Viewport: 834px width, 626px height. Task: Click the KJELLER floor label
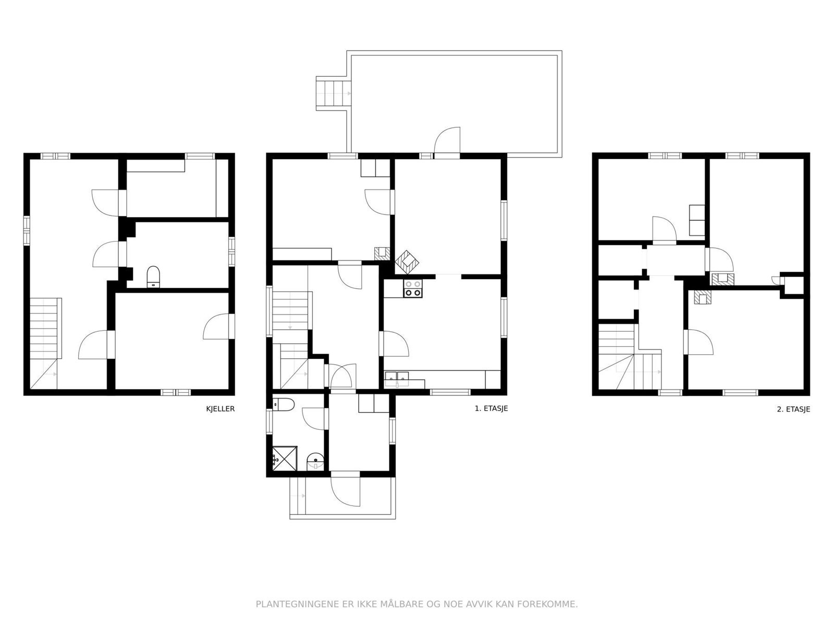pyautogui.click(x=220, y=409)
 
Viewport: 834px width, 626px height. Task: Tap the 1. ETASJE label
pyautogui.click(x=491, y=409)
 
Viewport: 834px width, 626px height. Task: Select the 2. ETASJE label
pyautogui.click(x=793, y=410)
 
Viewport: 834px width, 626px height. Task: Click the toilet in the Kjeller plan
pyautogui.click(x=153, y=276)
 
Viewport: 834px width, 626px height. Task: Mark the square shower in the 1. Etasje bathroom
pyautogui.click(x=285, y=458)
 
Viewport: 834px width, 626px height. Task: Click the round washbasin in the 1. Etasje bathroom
pyautogui.click(x=315, y=461)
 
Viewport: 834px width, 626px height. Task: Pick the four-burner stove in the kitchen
pyautogui.click(x=413, y=288)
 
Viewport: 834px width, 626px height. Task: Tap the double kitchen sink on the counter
pyautogui.click(x=397, y=378)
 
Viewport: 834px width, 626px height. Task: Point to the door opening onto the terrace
pyautogui.click(x=447, y=142)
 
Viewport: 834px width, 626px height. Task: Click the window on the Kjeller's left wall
pyautogui.click(x=27, y=230)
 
